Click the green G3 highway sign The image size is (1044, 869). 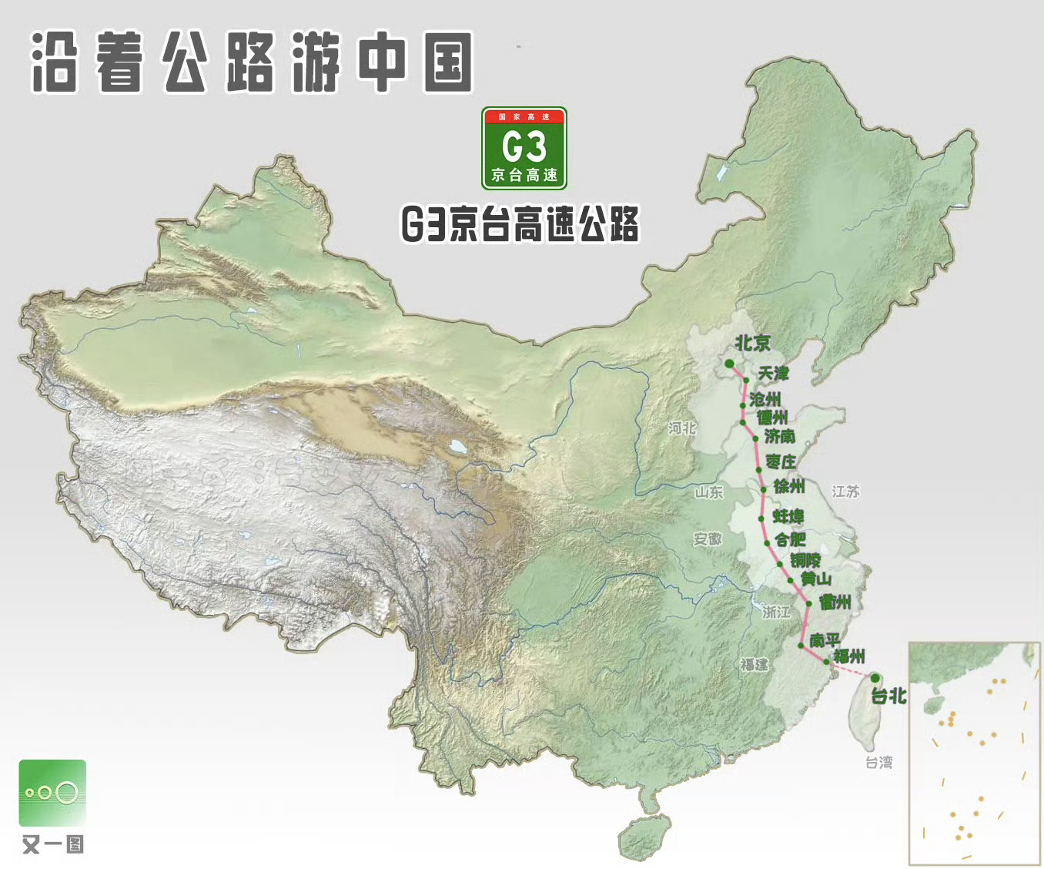click(x=524, y=149)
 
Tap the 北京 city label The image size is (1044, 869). click(x=752, y=343)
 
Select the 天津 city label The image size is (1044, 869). click(x=773, y=374)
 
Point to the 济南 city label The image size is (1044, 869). click(x=779, y=437)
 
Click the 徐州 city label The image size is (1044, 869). click(x=789, y=487)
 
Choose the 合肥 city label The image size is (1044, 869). click(x=790, y=539)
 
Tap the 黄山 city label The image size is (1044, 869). click(x=816, y=579)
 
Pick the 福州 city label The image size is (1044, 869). click(x=849, y=656)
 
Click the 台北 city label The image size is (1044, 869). click(x=888, y=696)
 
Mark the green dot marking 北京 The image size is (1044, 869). click(x=729, y=364)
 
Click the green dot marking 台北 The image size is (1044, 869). click(x=875, y=678)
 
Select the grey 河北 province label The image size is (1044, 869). click(x=682, y=428)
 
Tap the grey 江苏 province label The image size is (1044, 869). click(x=845, y=492)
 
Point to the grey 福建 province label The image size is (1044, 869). click(x=755, y=665)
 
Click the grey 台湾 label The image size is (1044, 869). click(x=878, y=763)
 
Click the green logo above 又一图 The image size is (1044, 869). click(x=52, y=793)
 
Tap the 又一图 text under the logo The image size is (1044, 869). click(x=52, y=844)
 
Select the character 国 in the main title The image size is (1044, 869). click(x=447, y=64)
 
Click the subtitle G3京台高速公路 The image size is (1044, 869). click(x=520, y=224)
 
